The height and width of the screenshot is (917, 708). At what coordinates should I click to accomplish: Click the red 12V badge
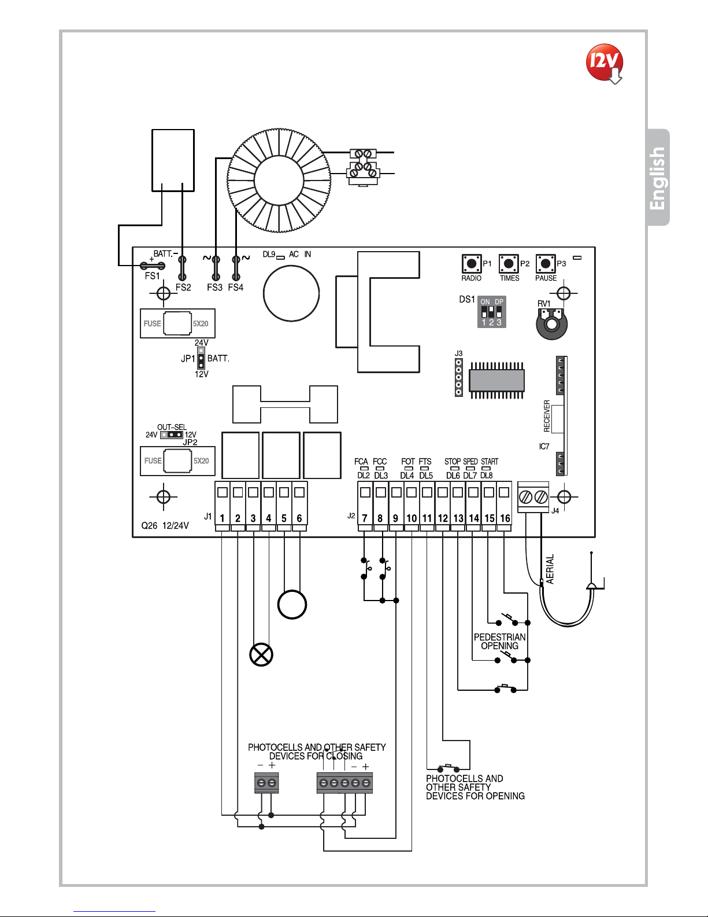click(x=605, y=62)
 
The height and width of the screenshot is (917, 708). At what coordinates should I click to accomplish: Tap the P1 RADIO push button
click(x=472, y=263)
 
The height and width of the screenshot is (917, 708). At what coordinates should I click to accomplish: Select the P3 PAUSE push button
click(x=546, y=263)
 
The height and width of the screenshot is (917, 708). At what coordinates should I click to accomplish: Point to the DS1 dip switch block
click(x=491, y=312)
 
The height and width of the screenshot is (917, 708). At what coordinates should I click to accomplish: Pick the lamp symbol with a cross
click(x=261, y=654)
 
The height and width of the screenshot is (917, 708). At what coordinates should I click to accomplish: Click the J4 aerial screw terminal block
click(x=533, y=497)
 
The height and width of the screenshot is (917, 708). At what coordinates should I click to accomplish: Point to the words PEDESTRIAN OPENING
click(x=500, y=641)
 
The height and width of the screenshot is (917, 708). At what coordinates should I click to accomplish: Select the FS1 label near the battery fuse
click(x=152, y=276)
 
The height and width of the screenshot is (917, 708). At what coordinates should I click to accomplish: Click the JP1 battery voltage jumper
click(x=201, y=358)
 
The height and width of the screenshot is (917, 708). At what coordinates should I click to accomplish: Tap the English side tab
click(x=658, y=178)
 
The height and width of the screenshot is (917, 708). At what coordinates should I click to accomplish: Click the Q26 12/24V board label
click(x=165, y=526)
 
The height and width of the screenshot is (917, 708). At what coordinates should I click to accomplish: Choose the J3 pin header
click(x=459, y=377)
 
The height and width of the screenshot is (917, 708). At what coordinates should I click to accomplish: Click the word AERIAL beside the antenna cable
click(x=550, y=569)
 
